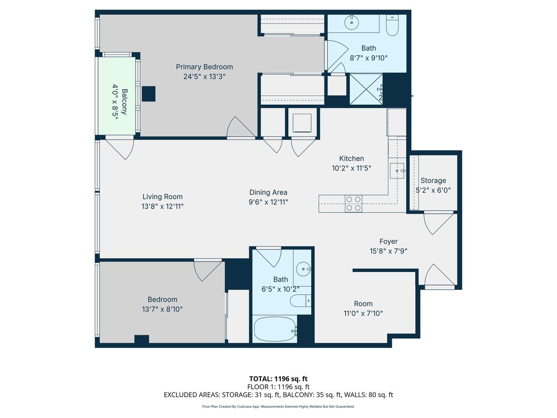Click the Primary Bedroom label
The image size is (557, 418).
(x=205, y=67)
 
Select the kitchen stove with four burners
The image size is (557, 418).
(x=353, y=204)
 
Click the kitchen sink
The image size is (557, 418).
(x=398, y=170)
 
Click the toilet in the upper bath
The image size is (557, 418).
(x=393, y=27)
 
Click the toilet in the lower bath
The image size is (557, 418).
(x=300, y=301)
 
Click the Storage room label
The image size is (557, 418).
(x=433, y=181)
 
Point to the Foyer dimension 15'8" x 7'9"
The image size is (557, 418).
(x=388, y=251)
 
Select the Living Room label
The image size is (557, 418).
(x=162, y=196)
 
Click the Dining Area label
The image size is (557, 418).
(x=268, y=192)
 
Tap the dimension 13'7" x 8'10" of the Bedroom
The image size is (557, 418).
(x=162, y=309)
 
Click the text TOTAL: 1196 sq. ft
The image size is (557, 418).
(x=278, y=379)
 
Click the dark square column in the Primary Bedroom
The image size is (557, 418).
(x=149, y=94)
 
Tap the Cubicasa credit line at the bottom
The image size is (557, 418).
(x=278, y=406)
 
